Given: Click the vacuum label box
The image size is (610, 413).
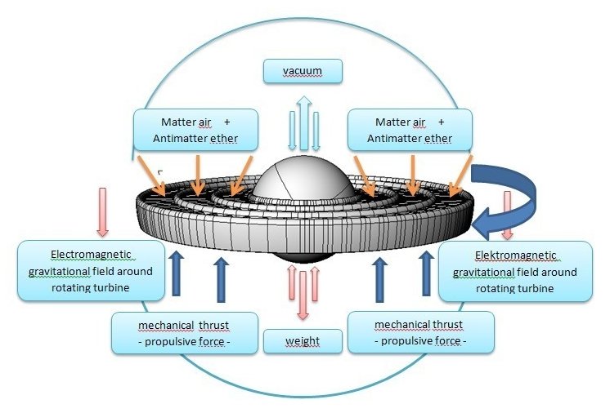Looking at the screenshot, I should [x=303, y=72].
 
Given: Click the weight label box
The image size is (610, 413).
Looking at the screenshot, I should [x=303, y=340].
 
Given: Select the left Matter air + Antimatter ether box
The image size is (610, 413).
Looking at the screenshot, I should [x=195, y=130].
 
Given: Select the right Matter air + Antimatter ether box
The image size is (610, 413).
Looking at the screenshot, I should [x=411, y=130].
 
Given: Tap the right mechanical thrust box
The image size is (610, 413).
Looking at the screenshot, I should [x=421, y=332].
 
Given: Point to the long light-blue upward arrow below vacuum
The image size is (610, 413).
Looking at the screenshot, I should [x=303, y=122].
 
